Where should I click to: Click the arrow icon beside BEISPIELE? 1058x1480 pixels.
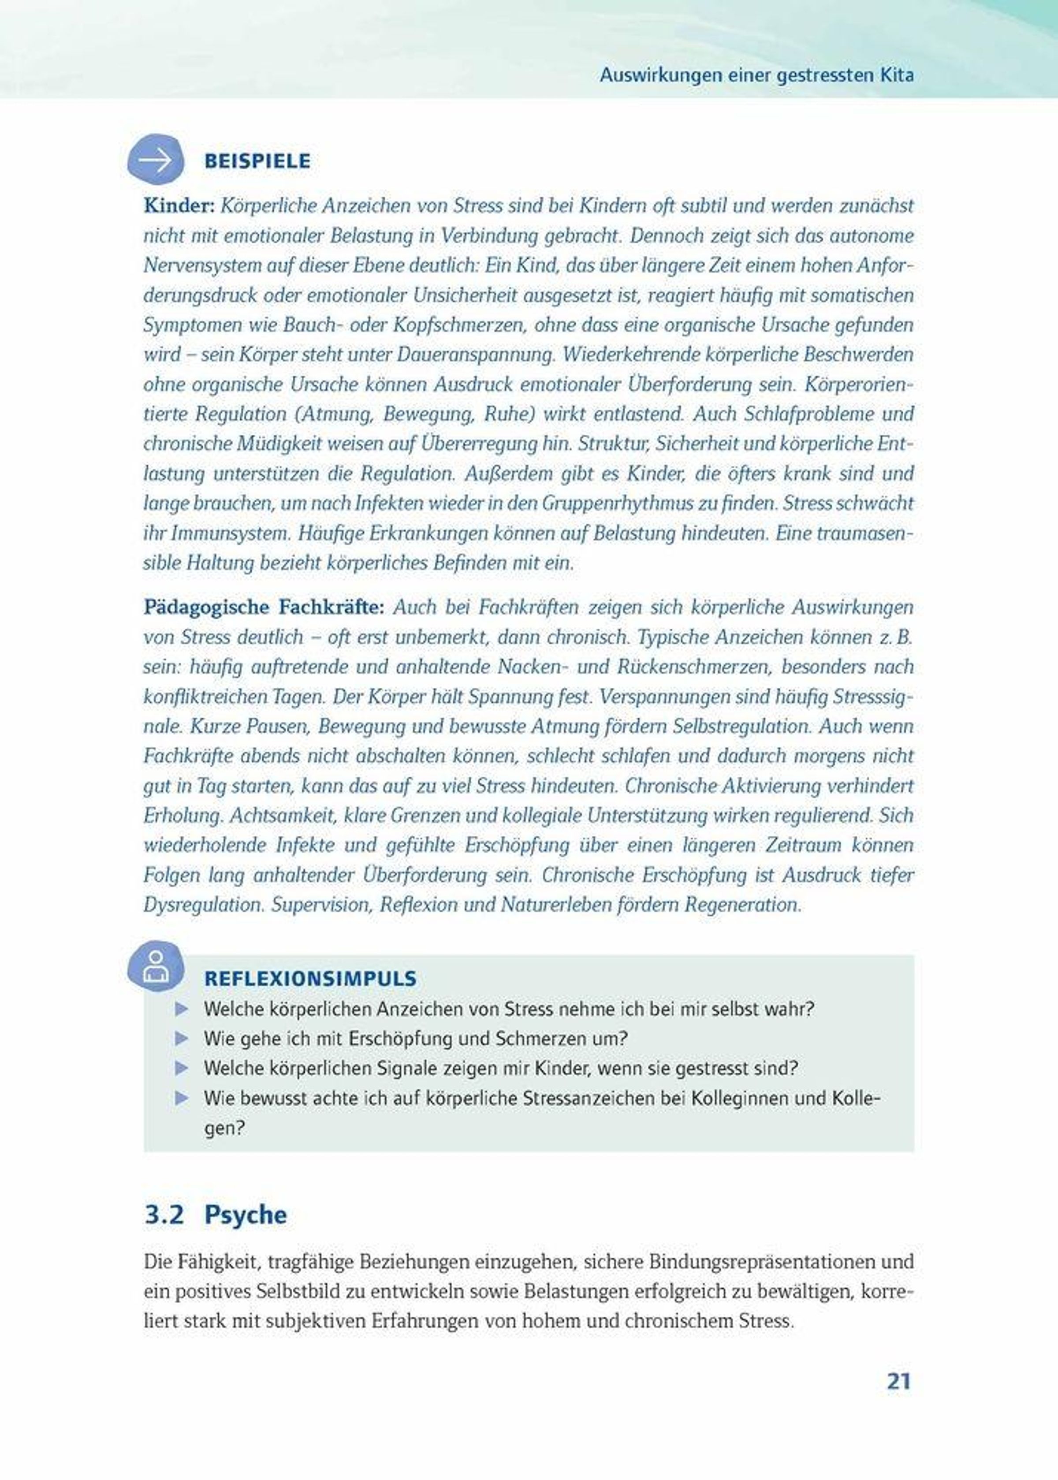tap(155, 160)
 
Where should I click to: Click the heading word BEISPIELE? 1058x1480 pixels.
tap(257, 161)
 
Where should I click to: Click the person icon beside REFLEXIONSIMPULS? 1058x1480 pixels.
tap(155, 966)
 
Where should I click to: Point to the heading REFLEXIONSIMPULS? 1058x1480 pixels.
tap(310, 978)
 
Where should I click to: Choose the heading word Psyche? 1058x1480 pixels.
tap(246, 1215)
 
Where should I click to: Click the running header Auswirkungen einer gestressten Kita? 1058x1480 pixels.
tap(756, 75)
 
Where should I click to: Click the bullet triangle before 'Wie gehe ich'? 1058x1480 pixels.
tap(182, 1038)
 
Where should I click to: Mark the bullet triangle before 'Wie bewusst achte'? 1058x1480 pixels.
tap(182, 1098)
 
